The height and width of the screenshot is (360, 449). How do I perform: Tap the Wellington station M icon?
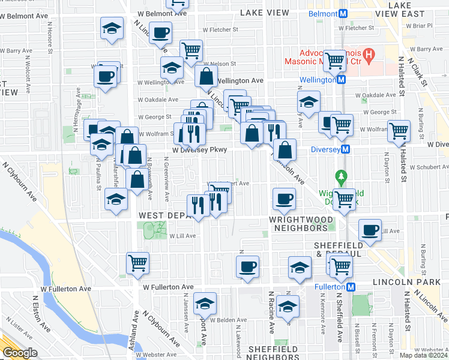[x=340, y=80]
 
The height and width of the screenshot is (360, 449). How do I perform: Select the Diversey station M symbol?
[x=345, y=149]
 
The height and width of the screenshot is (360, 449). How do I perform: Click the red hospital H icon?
[x=369, y=55]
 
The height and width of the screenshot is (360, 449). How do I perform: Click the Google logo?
[x=20, y=353]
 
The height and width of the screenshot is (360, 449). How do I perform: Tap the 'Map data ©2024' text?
[x=423, y=355]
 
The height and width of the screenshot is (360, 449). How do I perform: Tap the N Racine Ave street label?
[x=271, y=312]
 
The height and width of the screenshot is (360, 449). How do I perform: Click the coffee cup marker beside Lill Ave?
[x=370, y=229]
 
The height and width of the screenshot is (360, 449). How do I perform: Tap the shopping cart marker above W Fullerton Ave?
[x=138, y=262]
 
